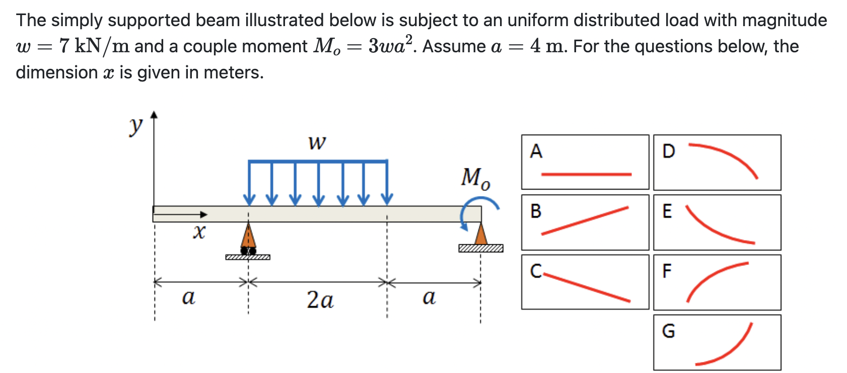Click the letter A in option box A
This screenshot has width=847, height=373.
pos(536,151)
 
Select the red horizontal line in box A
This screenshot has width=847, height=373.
pos(586,174)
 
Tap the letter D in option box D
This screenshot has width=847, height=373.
pos(669,151)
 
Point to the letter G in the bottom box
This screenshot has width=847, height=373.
pos(668,331)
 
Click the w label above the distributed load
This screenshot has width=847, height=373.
pos(317,143)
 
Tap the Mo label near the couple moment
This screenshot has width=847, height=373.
pos(475,178)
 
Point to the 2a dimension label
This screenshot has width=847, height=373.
pos(320,300)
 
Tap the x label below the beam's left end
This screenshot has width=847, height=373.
pos(199,232)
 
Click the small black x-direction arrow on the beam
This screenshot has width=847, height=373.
pos(181,215)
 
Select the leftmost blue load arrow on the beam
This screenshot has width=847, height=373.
pos(249,183)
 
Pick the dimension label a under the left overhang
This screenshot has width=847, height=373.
pos(188,297)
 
